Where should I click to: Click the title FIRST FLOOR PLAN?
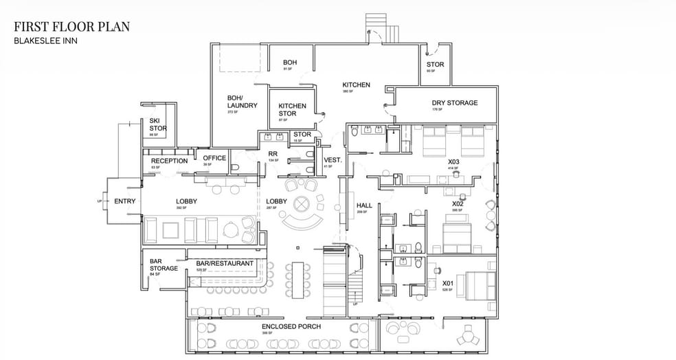point(71,27)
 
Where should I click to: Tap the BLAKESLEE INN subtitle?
point(41,41)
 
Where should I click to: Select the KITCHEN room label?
point(356,85)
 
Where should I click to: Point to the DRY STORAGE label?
point(454,103)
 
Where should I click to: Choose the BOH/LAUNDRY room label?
point(242,102)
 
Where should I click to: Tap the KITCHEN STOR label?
point(292,110)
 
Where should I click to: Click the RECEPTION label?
point(169,161)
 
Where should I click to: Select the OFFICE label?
point(214,158)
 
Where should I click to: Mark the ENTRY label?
point(124,201)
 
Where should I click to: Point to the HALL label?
point(364,205)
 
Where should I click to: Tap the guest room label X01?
point(447,283)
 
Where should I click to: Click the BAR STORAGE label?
point(164,265)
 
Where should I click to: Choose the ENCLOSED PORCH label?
point(291,326)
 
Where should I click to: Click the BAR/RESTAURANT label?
point(225,263)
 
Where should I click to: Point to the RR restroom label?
point(273,155)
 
